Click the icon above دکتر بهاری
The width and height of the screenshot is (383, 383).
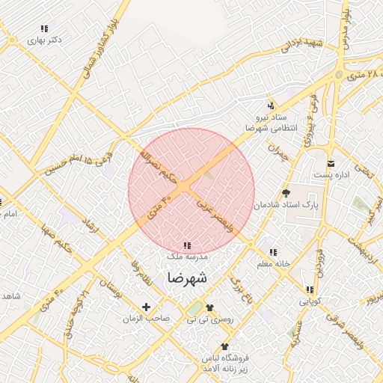click(44, 28)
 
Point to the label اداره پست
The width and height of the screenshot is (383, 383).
click(331, 174)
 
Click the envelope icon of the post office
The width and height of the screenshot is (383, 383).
click(331, 163)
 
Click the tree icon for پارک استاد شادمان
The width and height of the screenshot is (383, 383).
click(286, 192)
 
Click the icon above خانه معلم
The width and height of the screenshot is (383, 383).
click(273, 253)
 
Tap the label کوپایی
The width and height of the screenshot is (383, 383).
click(309, 302)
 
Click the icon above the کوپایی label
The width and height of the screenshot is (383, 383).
click(308, 290)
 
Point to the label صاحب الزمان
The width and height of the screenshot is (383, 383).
click(147, 319)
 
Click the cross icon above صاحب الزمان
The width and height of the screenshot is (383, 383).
click(146, 307)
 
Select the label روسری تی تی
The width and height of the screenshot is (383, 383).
click(209, 319)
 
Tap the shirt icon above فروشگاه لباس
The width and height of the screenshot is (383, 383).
click(224, 346)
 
